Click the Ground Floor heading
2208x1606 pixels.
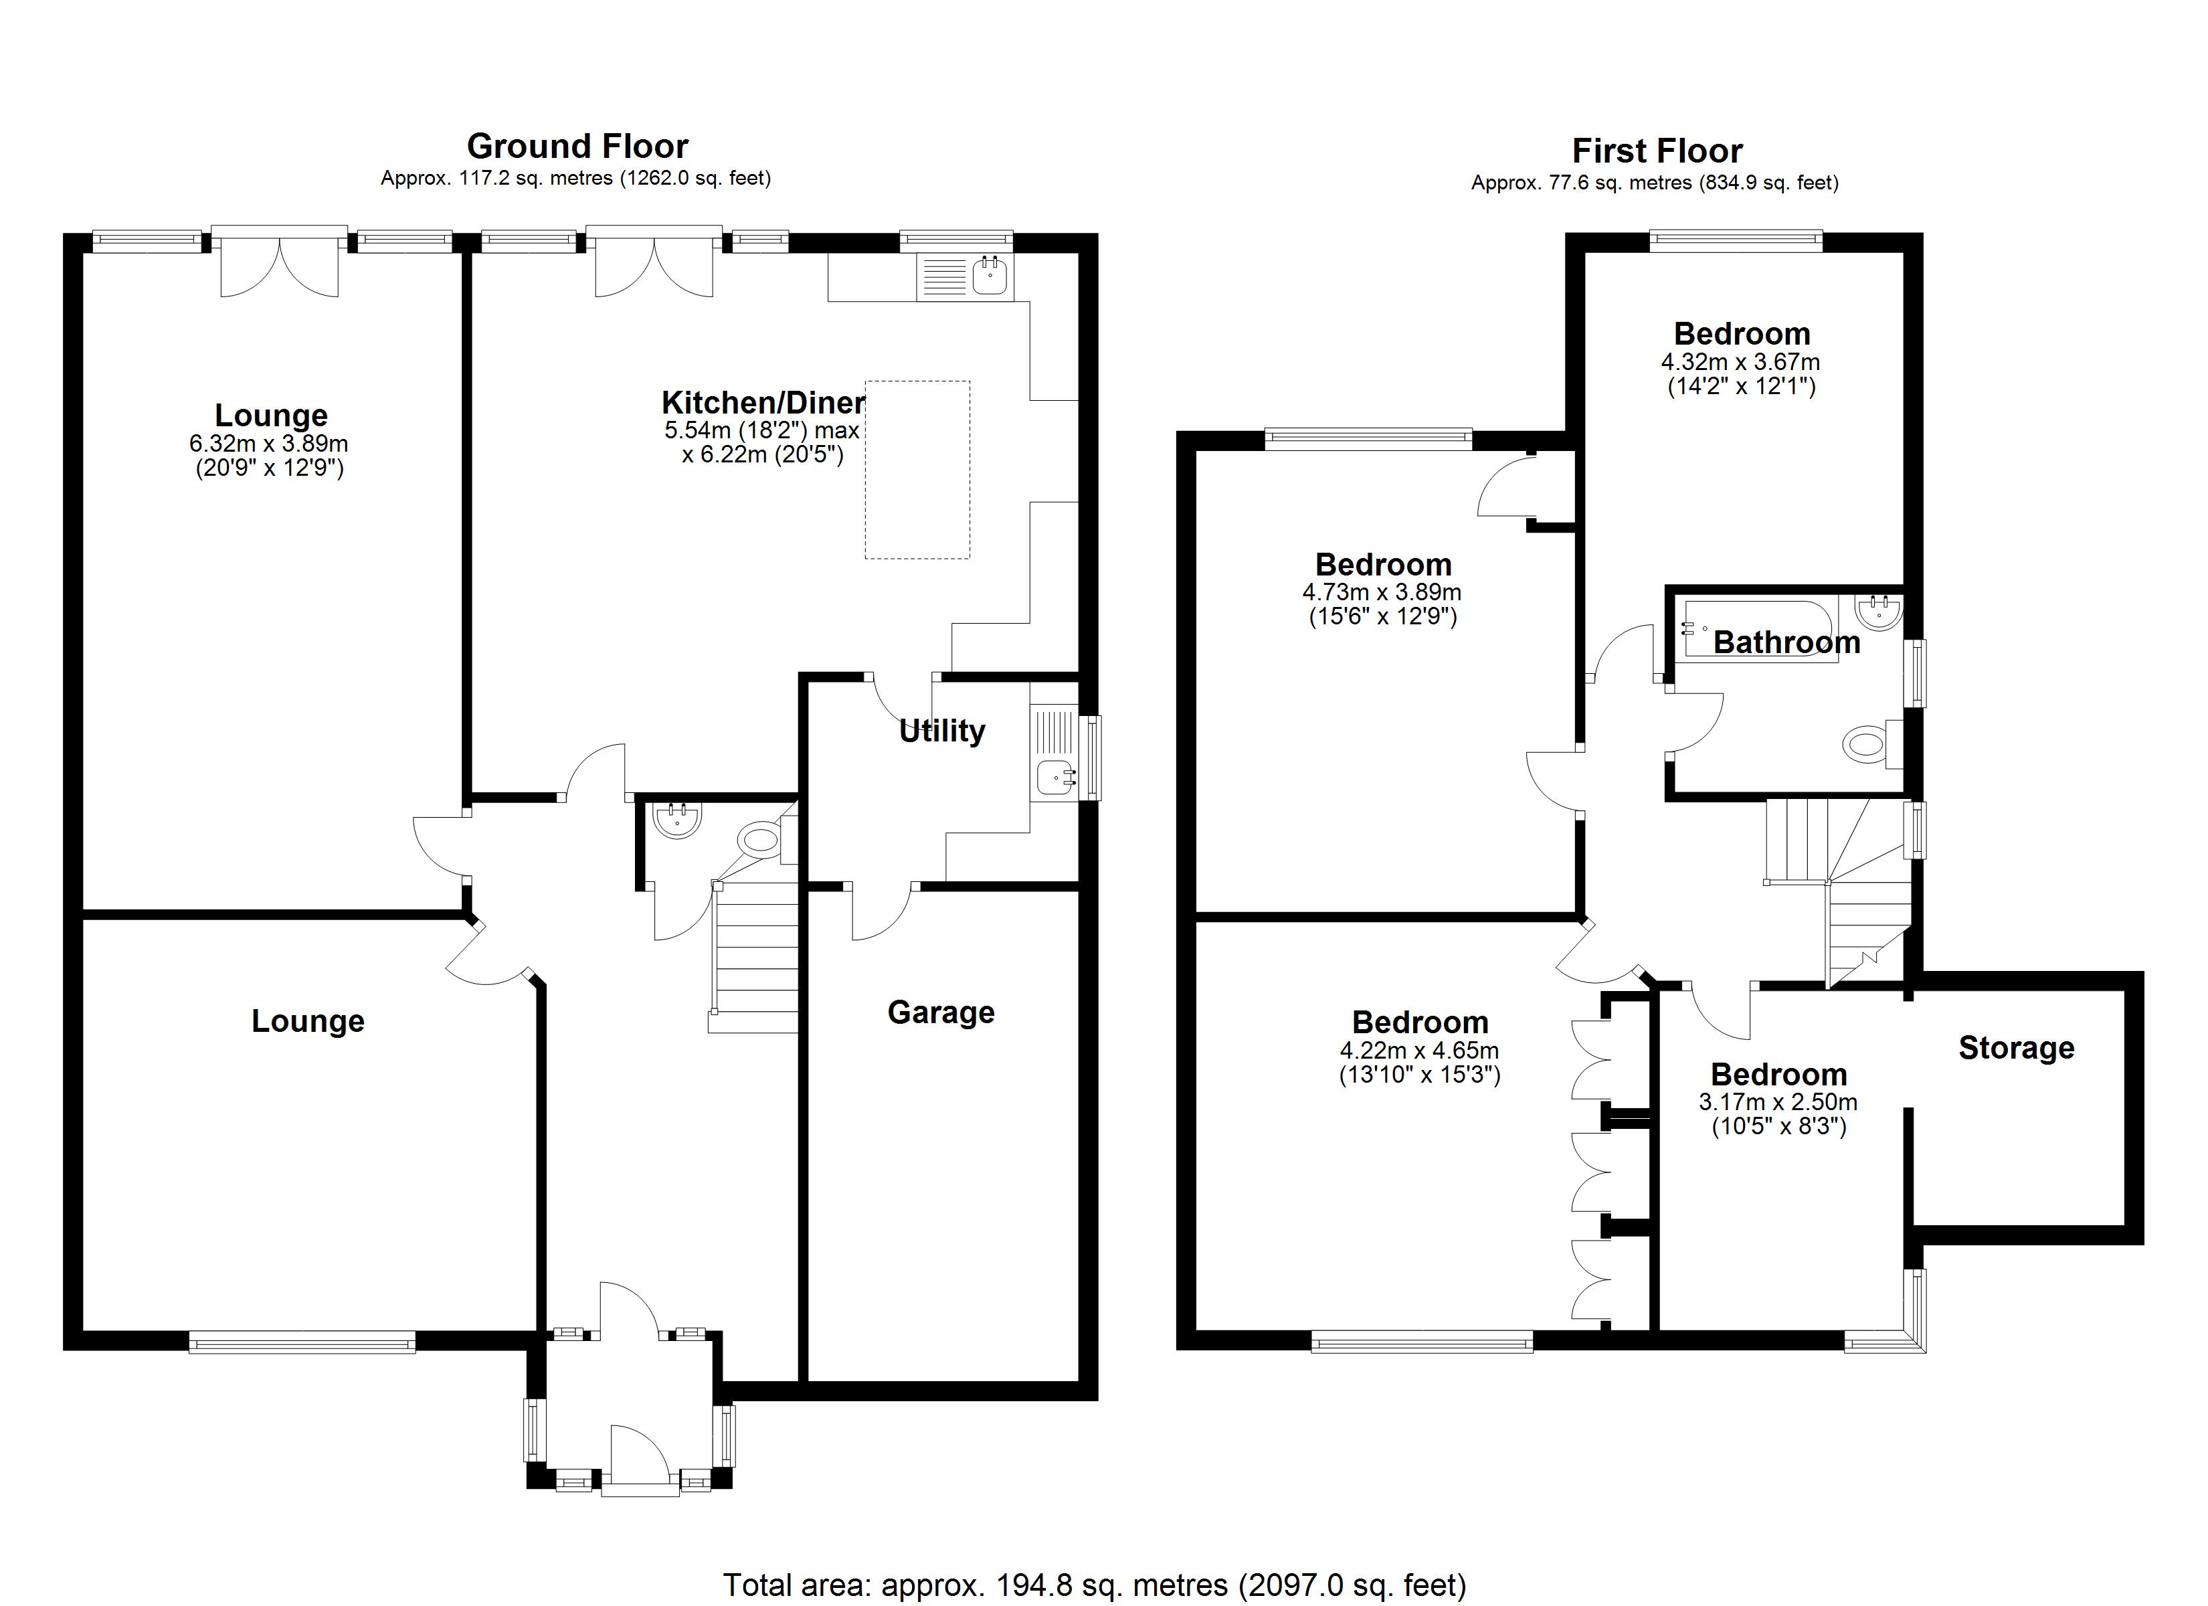pos(577,146)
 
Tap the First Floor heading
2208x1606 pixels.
pos(1657,151)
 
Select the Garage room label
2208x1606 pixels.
pos(941,1013)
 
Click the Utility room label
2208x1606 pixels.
pos(941,731)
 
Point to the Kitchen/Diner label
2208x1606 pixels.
pos(762,402)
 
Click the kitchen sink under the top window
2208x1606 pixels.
pos(991,276)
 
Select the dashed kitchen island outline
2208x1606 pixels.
pos(917,470)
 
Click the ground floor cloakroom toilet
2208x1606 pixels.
pos(760,838)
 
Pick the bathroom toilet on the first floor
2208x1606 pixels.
pos(1864,746)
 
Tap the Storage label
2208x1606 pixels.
pos(2016,1048)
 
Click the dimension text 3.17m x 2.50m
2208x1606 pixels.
pos(1778,1103)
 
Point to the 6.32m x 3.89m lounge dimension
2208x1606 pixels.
pos(269,444)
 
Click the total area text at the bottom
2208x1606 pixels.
pos(1094,1585)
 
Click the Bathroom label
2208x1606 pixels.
pos(1786,643)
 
